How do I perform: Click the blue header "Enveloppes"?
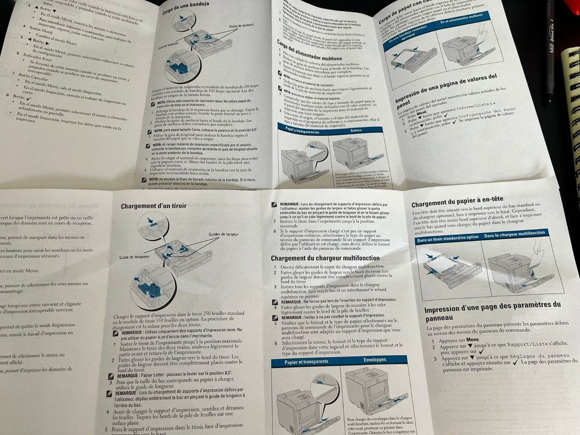pos(375,360)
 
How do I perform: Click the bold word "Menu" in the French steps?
pos(473,340)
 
